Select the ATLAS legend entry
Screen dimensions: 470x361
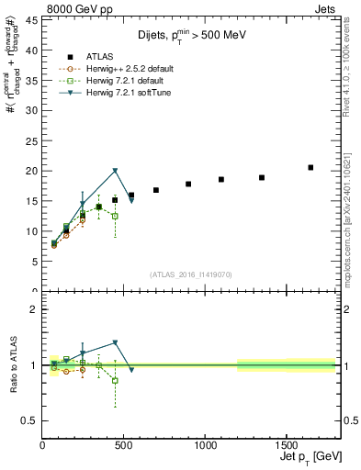(124, 57)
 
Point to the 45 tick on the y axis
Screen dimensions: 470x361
(33, 20)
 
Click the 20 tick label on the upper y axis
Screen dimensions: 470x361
(33, 171)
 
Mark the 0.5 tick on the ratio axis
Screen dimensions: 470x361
(31, 420)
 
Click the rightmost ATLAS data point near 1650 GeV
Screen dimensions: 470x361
(310, 167)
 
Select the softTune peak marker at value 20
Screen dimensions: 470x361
(115, 171)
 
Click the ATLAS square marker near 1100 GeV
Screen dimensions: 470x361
(221, 179)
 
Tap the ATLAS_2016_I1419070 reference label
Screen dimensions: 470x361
(189, 274)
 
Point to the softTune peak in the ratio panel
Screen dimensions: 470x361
(115, 342)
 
